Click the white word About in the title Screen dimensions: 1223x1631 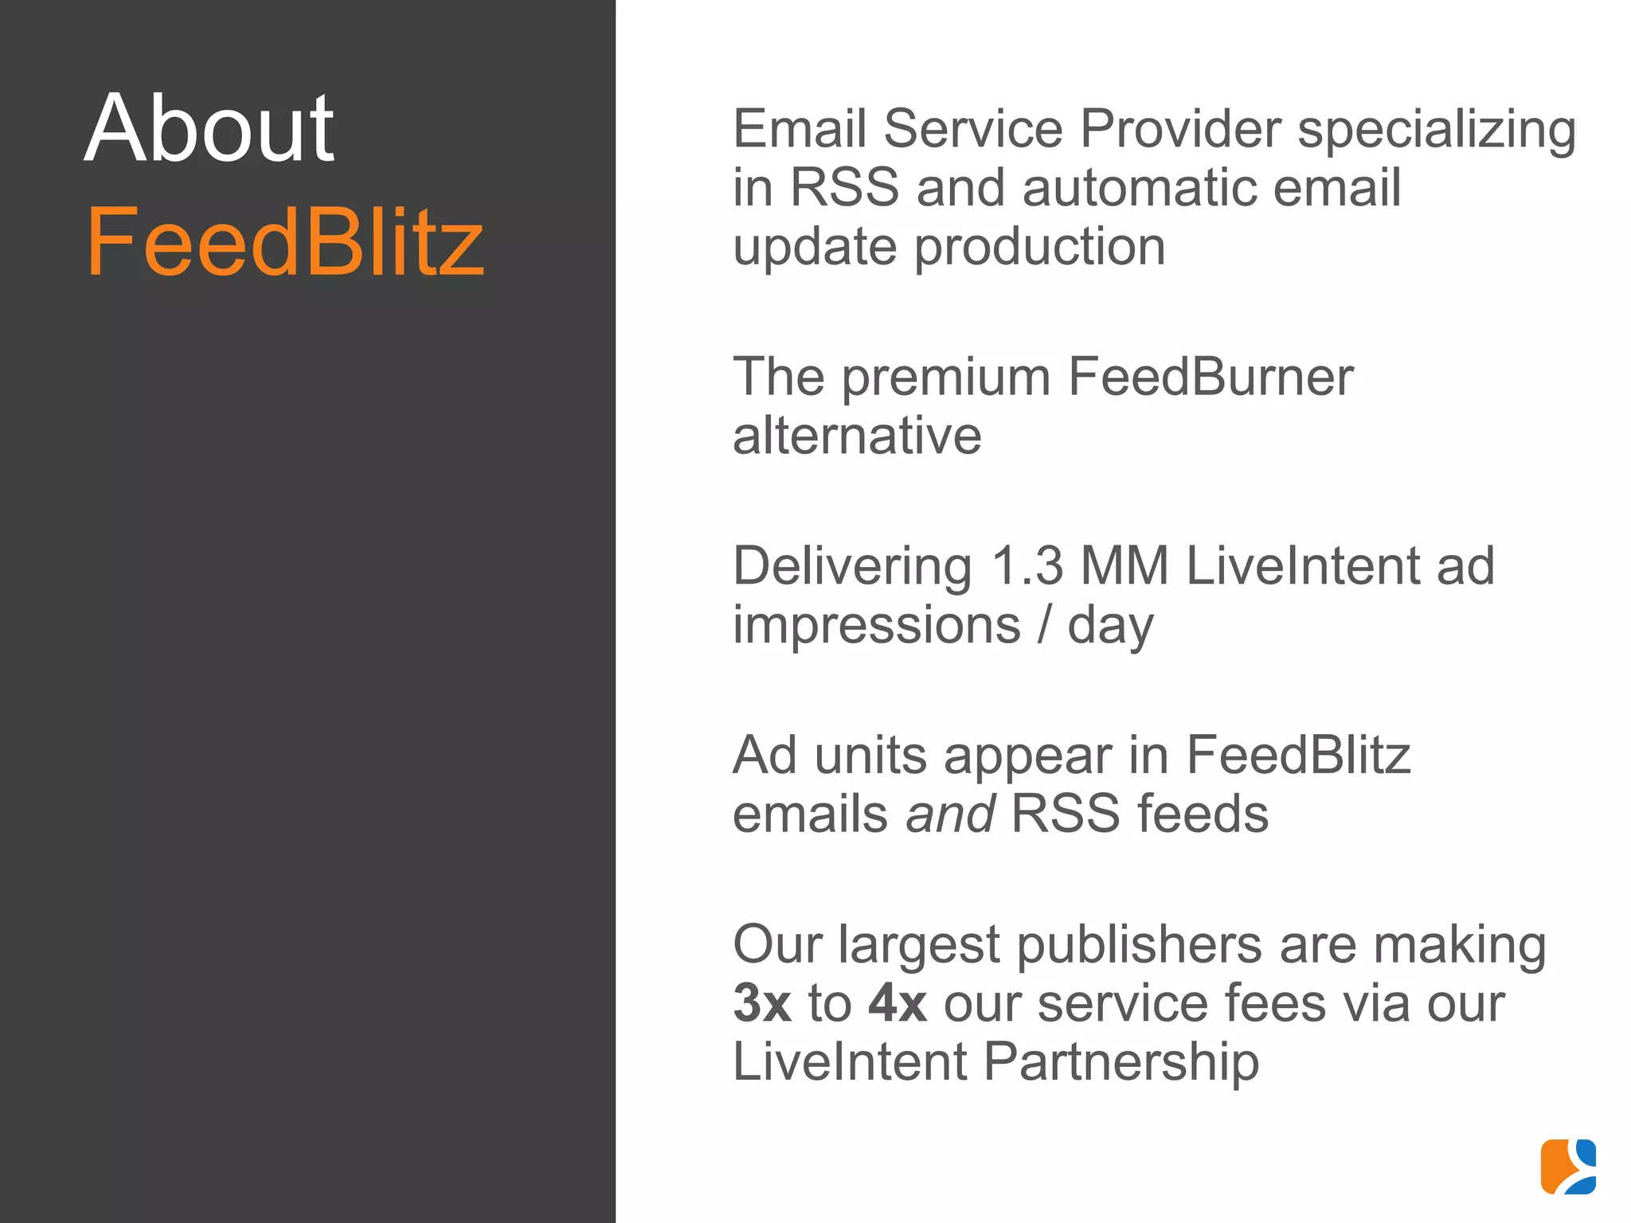pyautogui.click(x=209, y=128)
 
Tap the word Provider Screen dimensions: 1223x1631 pyautogui.click(x=1180, y=128)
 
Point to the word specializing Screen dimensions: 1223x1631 pyautogui.click(x=1436, y=130)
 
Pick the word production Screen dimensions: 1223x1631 pyautogui.click(x=1039, y=248)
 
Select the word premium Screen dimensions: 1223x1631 pyautogui.click(x=946, y=377)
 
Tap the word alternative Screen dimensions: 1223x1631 pyautogui.click(x=857, y=436)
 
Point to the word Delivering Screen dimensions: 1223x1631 pyautogui.click(x=852, y=567)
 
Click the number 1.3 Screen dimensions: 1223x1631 pyautogui.click(x=1027, y=566)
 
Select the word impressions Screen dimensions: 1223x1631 pyautogui.click(x=876, y=625)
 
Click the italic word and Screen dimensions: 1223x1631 pyautogui.click(x=950, y=814)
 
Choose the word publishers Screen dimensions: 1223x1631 pyautogui.click(x=1139, y=946)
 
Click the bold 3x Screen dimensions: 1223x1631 pyautogui.click(x=762, y=1003)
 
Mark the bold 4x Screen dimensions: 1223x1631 pyautogui.click(x=898, y=1003)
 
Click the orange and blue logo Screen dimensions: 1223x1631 pyautogui.click(x=1568, y=1166)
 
